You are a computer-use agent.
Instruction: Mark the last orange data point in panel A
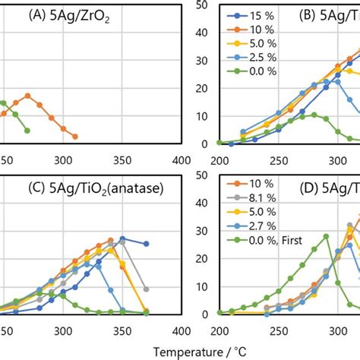pos(75,137)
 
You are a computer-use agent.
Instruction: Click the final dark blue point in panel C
pos(146,244)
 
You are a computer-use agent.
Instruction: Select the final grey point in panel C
pos(146,289)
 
